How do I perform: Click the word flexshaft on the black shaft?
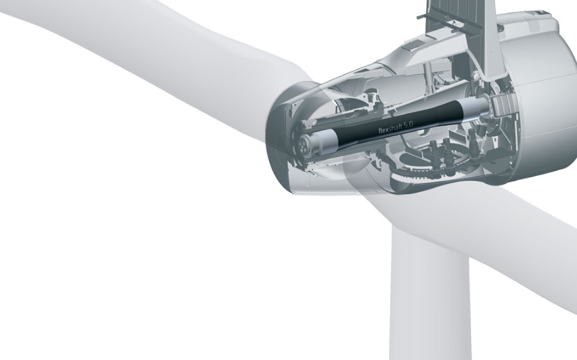[390, 129]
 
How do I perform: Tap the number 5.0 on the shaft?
[408, 125]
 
